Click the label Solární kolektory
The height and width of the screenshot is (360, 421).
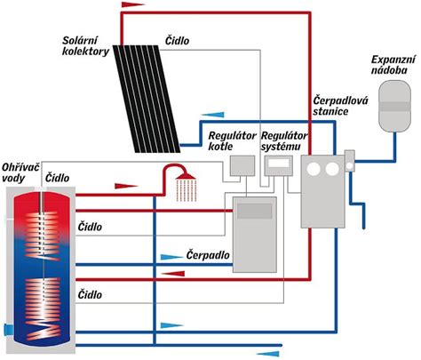85,46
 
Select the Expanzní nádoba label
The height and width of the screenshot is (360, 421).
393,65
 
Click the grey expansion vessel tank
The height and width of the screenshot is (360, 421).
394,106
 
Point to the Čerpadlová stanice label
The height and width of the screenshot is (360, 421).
340,106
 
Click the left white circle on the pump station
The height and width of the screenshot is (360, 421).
314,169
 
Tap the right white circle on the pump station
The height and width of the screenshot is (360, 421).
332,169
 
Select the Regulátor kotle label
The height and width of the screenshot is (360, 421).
232,140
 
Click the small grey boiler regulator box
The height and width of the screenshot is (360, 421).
242,165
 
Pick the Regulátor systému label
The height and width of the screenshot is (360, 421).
284,140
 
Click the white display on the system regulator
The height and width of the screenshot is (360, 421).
279,163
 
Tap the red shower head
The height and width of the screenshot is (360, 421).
186,176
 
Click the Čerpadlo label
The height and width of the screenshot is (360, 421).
208,255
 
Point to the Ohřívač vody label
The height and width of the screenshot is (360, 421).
20,172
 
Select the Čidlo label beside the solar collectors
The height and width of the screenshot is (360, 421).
177,41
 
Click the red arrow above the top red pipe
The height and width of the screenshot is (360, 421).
133,4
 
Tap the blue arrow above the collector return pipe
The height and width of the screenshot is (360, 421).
212,115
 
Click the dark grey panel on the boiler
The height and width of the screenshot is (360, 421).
255,211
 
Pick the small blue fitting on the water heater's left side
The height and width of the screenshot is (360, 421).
8,329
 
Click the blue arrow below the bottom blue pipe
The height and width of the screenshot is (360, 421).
268,354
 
